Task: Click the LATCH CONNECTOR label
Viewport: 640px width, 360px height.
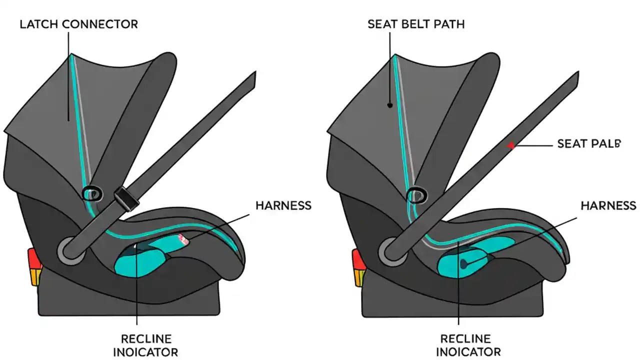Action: [78, 24]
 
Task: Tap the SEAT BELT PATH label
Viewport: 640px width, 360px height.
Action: [416, 24]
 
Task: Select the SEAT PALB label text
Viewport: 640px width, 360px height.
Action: [588, 144]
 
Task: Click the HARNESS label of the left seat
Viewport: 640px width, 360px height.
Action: [283, 205]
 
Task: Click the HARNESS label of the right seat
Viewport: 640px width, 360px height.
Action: [608, 205]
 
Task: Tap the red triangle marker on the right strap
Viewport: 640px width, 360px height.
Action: [511, 145]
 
